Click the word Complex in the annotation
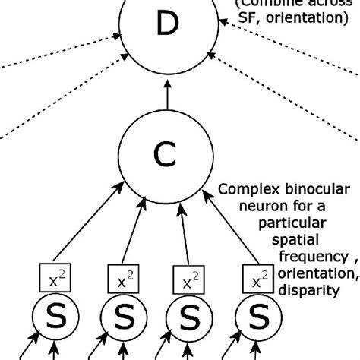242,188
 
